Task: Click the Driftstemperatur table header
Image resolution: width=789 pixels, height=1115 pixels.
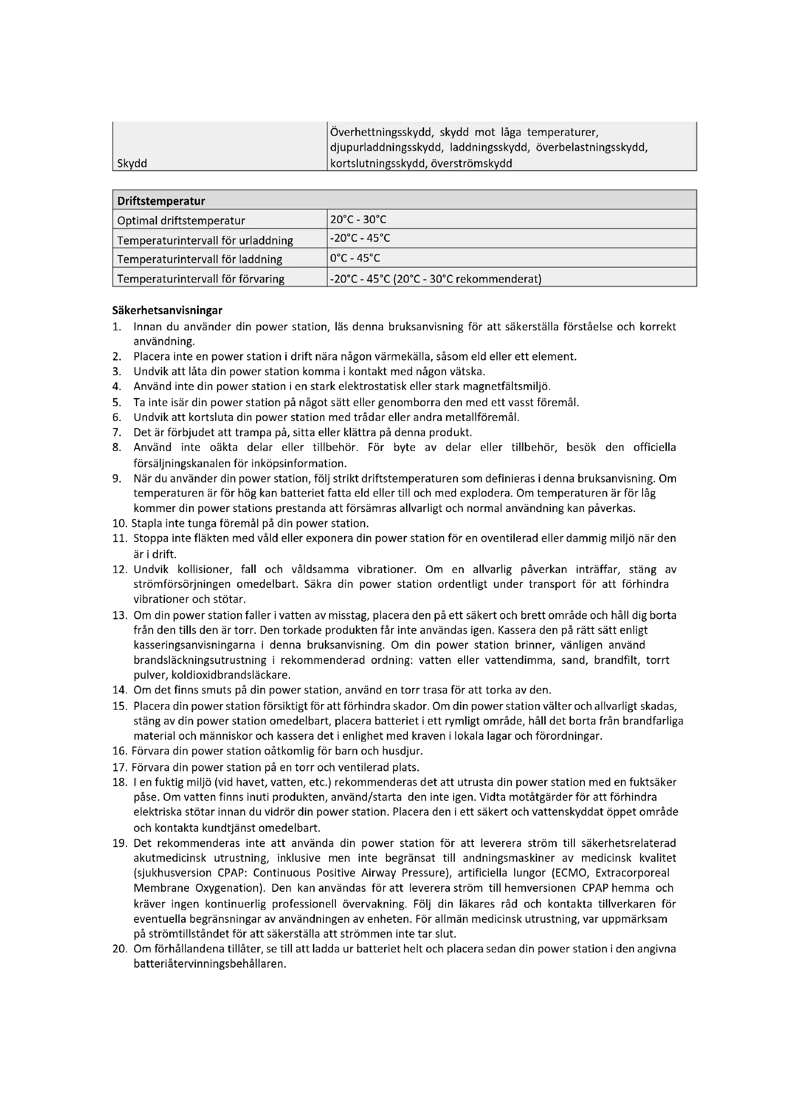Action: pos(161,201)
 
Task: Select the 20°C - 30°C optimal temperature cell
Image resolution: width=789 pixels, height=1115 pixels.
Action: pos(358,219)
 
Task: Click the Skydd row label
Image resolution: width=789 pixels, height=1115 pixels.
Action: pos(132,163)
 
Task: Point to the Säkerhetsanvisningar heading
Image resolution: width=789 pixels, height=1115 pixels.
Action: pos(167,310)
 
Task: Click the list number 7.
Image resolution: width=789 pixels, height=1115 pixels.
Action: pos(116,432)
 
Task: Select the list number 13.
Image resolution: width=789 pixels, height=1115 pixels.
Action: pos(120,615)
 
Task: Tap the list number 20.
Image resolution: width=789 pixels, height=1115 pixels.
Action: pos(120,949)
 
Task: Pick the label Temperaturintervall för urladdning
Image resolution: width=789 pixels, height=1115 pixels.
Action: pos(205,240)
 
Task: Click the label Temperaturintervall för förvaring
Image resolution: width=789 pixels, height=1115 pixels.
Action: pos(201,279)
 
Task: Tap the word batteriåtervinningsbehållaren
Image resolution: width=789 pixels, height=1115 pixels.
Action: pos(209,964)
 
